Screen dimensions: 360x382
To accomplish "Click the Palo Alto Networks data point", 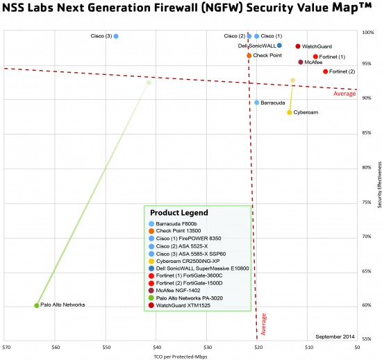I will click(x=37, y=305).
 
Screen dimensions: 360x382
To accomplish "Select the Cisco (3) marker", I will click(x=116, y=36).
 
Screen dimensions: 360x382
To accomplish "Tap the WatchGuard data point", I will click(x=298, y=46).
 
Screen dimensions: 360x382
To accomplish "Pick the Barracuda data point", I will click(x=257, y=103).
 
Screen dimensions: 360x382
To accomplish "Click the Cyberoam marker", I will click(x=290, y=112).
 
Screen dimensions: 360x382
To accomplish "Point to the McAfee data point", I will click(x=301, y=62).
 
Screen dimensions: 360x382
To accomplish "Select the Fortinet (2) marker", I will click(x=325, y=71).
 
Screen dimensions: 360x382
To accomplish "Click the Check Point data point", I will click(x=249, y=55).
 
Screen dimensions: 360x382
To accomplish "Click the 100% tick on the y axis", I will click(x=368, y=32).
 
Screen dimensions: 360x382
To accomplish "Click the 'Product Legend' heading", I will click(x=178, y=212).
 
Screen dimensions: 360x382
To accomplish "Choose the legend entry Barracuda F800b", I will click(x=177, y=224).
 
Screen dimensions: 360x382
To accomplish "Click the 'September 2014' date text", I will click(x=335, y=336).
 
